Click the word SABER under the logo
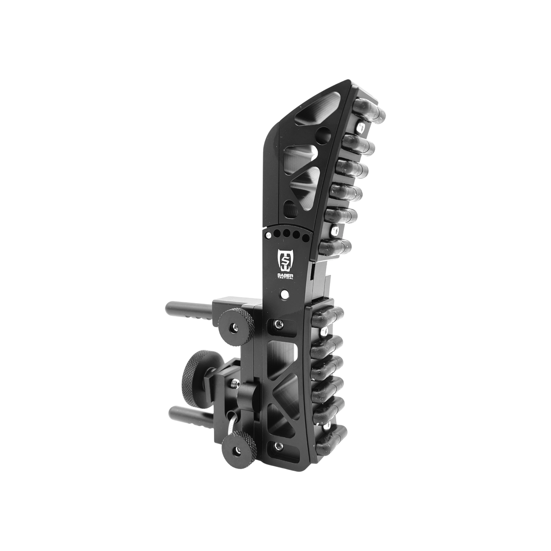(285, 274)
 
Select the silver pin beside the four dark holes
(268, 235)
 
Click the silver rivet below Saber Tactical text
(284, 294)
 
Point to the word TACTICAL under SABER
(285, 278)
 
